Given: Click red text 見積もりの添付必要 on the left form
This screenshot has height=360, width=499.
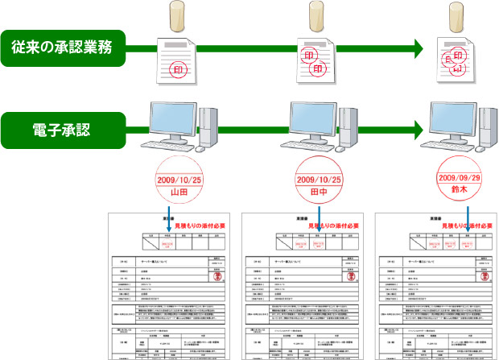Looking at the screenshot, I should coord(198,228).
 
